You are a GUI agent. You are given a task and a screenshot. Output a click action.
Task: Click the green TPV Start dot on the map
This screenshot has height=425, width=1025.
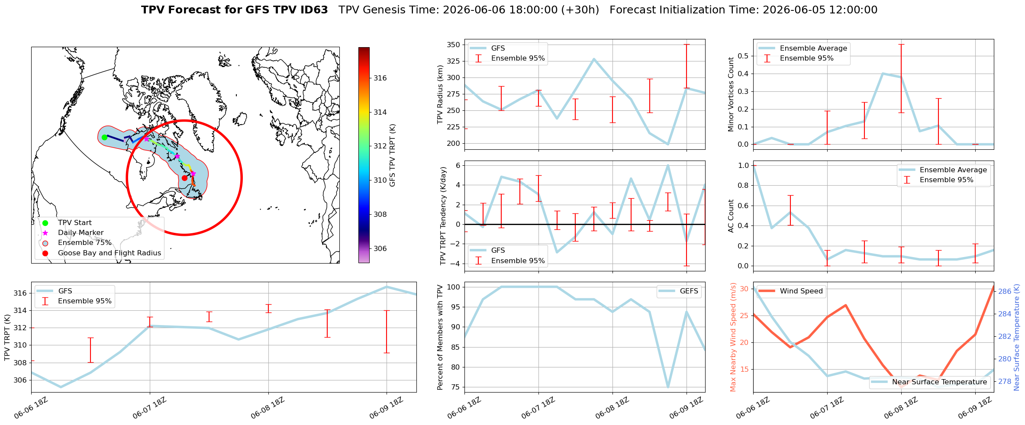[104, 137]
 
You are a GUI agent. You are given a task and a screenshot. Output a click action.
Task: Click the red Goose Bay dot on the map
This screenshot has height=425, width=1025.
[184, 178]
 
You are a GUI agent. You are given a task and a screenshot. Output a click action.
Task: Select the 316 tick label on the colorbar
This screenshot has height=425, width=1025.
[380, 78]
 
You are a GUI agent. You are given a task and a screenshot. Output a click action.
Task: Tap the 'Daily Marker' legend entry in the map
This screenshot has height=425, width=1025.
[81, 233]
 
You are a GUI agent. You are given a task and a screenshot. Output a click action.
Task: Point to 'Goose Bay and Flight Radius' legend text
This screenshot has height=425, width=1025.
[110, 253]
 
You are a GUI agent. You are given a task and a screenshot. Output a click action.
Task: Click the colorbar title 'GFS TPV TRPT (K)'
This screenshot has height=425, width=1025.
[393, 155]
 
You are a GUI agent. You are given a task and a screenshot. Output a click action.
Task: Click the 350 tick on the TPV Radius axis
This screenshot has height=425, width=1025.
[453, 45]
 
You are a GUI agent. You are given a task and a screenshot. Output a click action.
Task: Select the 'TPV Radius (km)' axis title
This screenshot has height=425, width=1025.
[441, 94]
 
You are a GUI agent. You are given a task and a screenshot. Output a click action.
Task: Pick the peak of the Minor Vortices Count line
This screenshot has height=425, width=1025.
[883, 74]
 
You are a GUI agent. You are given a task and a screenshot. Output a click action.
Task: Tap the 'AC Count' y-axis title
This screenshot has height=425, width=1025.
[731, 216]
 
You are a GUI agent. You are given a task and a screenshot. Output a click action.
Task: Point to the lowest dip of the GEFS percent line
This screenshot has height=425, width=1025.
[668, 387]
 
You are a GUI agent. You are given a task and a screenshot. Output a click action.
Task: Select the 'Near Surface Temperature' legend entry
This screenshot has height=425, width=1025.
[929, 382]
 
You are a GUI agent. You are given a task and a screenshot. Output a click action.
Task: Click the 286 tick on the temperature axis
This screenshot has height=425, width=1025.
[1005, 291]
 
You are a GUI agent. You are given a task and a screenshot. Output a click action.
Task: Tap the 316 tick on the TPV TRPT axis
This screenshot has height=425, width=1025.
[20, 293]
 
